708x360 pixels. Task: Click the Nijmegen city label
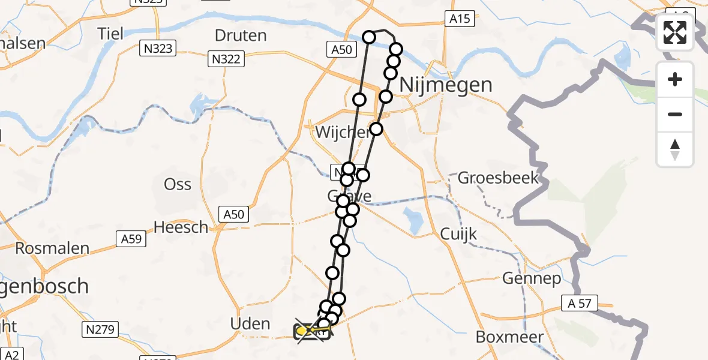pyautogui.click(x=445, y=85)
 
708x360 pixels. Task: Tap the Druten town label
pyautogui.click(x=241, y=35)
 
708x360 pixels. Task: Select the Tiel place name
pyautogui.click(x=112, y=33)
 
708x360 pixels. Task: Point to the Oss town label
pyautogui.click(x=178, y=184)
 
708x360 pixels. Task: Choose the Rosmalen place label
pyautogui.click(x=52, y=248)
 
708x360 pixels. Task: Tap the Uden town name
pyautogui.click(x=250, y=324)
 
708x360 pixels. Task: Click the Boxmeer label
pyautogui.click(x=509, y=337)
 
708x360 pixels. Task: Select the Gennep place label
pyautogui.click(x=532, y=279)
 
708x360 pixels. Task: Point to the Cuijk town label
pyautogui.click(x=459, y=233)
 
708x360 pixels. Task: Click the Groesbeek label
pyautogui.click(x=498, y=178)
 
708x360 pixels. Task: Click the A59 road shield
pyautogui.click(x=131, y=239)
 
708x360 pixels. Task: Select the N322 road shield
pyautogui.click(x=226, y=59)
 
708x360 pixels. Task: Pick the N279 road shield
pyautogui.click(x=100, y=329)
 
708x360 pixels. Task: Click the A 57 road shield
pyautogui.click(x=579, y=304)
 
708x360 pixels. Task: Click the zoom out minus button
pyautogui.click(x=675, y=115)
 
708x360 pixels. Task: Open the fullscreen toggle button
pyautogui.click(x=675, y=32)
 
